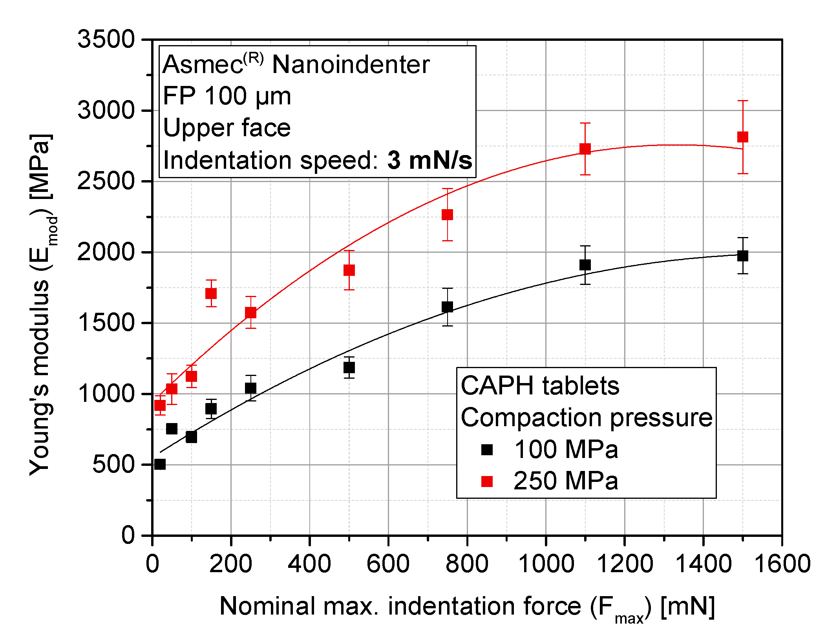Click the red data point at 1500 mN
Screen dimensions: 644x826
click(742, 137)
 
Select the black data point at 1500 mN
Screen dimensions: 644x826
click(742, 256)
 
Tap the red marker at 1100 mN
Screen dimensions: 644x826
click(585, 149)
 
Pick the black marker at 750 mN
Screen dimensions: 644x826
click(447, 307)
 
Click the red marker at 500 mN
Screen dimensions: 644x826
click(349, 270)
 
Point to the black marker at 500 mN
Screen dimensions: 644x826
click(349, 368)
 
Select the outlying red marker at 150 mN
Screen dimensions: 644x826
click(211, 294)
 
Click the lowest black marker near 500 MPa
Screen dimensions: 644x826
click(160, 464)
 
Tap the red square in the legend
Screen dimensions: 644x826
click(487, 481)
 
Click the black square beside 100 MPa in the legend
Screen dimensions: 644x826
click(487, 449)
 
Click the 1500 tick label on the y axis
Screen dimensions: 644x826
click(106, 323)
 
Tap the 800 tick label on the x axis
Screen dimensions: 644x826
click(467, 564)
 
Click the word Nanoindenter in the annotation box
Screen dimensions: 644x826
click(351, 64)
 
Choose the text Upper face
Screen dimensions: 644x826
click(227, 128)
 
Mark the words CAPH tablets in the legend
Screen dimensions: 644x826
click(540, 386)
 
